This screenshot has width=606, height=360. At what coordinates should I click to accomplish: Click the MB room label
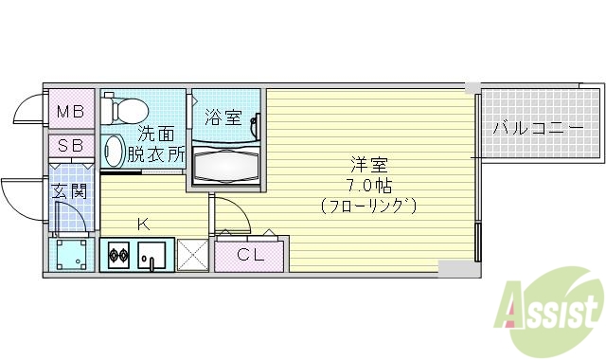(x=70, y=112)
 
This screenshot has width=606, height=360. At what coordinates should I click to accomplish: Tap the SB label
(x=70, y=146)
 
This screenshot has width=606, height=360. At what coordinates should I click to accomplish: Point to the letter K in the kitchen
(x=143, y=225)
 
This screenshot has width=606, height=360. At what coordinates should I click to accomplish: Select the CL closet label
(x=250, y=254)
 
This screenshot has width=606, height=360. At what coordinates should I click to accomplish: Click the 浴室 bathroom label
(x=223, y=119)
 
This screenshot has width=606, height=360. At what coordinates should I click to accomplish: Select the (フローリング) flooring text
(x=368, y=205)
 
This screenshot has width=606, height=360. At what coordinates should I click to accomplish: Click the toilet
(x=120, y=110)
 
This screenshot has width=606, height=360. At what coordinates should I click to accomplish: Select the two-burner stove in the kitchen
(x=119, y=255)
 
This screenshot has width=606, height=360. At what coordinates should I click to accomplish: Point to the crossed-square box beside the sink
(x=193, y=255)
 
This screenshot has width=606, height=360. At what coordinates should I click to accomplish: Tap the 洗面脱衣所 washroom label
(x=157, y=144)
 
